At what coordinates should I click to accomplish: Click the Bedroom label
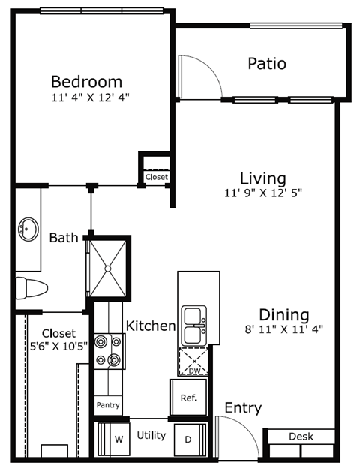pos(86,81)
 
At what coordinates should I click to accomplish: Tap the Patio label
pos(267,64)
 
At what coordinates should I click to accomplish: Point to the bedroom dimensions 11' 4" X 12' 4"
pos(86,97)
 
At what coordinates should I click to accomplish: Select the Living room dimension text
pos(262,193)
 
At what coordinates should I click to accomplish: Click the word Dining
pos(283,314)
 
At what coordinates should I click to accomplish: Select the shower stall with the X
pos(109,267)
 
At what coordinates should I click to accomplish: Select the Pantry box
pos(107,406)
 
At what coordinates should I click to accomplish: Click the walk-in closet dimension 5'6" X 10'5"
pos(58,346)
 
